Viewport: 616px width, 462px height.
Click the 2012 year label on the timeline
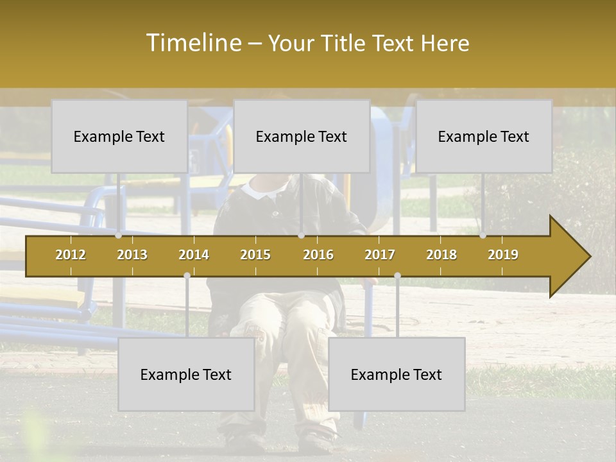coord(71,255)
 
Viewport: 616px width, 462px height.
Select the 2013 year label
coord(132,255)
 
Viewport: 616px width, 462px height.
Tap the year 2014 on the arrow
coord(194,255)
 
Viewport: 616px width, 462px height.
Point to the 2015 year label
coord(255,255)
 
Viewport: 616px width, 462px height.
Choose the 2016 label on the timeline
coord(318,255)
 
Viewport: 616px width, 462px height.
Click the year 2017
coord(380,255)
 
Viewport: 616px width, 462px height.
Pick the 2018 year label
coord(441,255)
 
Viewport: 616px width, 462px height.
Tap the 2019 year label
coord(503,255)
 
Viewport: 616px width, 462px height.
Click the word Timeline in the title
coord(192,43)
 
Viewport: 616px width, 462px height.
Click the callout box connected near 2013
coord(119,136)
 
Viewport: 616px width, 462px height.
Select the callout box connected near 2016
coord(302,136)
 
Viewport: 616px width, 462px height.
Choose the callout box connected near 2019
coord(484,136)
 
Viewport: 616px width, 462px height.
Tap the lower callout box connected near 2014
coord(186,374)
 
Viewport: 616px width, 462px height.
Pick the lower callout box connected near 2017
coord(397,374)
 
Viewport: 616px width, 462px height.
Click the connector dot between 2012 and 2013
coord(118,235)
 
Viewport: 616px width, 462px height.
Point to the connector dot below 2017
coord(397,276)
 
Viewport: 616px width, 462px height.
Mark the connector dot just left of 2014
coord(187,276)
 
